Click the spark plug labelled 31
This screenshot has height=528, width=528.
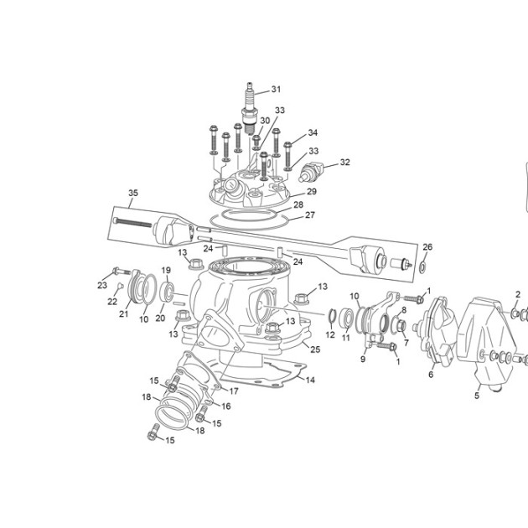pyautogui.click(x=250, y=108)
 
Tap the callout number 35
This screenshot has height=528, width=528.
pyautogui.click(x=133, y=193)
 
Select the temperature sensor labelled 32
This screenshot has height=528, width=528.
pyautogui.click(x=310, y=172)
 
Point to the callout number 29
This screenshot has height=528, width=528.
pyautogui.click(x=312, y=191)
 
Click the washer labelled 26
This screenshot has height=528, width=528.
pyautogui.click(x=422, y=267)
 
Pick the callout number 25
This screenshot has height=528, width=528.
pyautogui.click(x=315, y=349)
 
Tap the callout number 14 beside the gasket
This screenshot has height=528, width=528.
pyautogui.click(x=310, y=380)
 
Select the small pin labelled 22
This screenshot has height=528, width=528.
pyautogui.click(x=120, y=286)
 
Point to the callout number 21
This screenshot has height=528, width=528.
pyautogui.click(x=123, y=313)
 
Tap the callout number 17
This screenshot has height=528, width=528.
pyautogui.click(x=234, y=391)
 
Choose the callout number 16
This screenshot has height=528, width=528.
pyautogui.click(x=225, y=406)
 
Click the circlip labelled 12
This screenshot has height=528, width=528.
pyautogui.click(x=332, y=316)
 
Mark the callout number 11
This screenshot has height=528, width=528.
pyautogui.click(x=346, y=338)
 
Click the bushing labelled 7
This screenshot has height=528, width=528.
pyautogui.click(x=401, y=326)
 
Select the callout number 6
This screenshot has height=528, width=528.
pyautogui.click(x=431, y=374)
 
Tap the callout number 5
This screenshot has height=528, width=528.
pyautogui.click(x=477, y=396)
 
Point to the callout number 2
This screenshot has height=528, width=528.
pyautogui.click(x=518, y=295)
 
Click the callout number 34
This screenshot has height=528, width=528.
pyautogui.click(x=313, y=132)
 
